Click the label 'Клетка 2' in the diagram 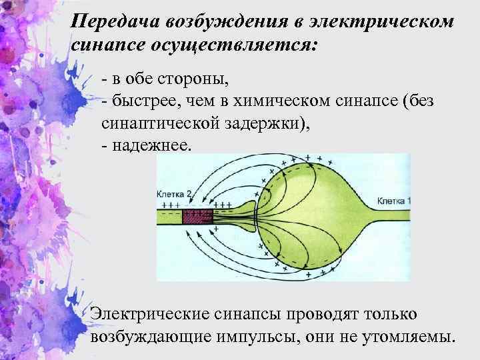(x=174, y=194)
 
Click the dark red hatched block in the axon (x=197, y=217)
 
